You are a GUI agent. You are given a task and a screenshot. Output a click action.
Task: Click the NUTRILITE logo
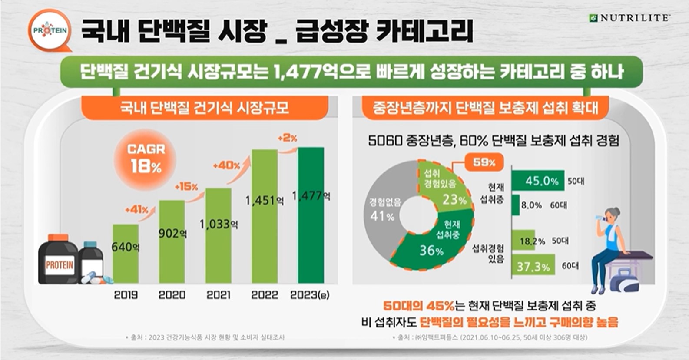click(x=629, y=18)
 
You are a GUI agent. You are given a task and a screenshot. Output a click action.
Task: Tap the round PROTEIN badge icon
click(x=50, y=30)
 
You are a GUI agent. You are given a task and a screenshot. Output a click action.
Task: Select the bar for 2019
click(x=126, y=254)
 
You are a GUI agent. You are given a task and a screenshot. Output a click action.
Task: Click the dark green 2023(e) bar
click(x=311, y=217)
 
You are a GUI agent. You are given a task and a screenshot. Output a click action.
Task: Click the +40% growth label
click(x=226, y=165)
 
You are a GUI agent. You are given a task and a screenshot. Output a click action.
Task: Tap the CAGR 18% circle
click(x=146, y=158)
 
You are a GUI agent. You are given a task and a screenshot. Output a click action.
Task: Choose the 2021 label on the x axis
click(x=218, y=295)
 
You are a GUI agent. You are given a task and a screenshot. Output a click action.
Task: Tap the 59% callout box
click(x=484, y=162)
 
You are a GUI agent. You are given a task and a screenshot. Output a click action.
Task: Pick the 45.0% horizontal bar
click(x=537, y=181)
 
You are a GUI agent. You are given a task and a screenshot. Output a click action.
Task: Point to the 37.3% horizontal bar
click(x=533, y=266)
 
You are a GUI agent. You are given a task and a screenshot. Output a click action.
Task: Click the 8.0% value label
click(x=531, y=205)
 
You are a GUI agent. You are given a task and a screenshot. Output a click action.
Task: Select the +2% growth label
click(x=287, y=138)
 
